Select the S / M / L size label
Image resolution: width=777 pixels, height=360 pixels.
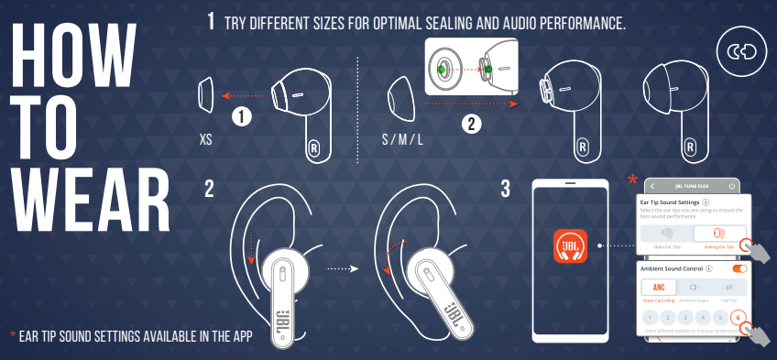click(x=403, y=142)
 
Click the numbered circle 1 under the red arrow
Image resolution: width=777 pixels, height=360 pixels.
click(x=241, y=116)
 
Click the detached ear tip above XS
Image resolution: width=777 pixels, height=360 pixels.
click(x=206, y=93)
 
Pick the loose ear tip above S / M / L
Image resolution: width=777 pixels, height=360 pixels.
click(x=399, y=93)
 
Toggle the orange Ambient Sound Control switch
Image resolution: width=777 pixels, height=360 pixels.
click(x=739, y=268)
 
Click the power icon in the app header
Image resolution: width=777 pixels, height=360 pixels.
click(x=731, y=186)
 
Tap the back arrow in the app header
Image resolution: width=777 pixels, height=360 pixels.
click(x=652, y=186)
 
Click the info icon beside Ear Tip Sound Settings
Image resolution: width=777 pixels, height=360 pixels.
click(x=706, y=202)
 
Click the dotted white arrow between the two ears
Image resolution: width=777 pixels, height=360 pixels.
click(x=340, y=269)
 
